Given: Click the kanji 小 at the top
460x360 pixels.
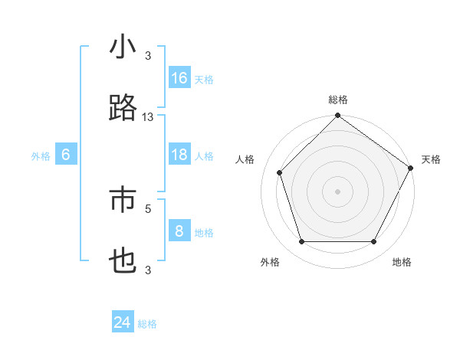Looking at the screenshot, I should tap(123, 47).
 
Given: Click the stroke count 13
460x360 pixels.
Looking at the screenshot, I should tap(148, 116).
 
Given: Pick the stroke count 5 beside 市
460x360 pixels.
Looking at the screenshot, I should tap(148, 208).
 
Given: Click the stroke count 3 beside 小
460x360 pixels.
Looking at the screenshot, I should tap(148, 55).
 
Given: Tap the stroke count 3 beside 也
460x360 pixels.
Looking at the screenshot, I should tap(148, 269).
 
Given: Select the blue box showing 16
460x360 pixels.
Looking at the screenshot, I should tap(179, 78).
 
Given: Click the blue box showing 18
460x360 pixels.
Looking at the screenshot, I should tap(179, 155).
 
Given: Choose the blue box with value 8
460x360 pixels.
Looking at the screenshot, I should tap(179, 231).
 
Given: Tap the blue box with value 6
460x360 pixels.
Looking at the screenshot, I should tap(66, 155).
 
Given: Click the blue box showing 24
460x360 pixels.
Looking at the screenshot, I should tap(123, 322).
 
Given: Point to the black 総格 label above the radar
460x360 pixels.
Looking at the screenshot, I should tap(338, 100).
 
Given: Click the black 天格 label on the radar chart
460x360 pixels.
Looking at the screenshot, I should tap(432, 159).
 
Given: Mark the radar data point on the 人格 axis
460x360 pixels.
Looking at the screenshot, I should tap(280, 172).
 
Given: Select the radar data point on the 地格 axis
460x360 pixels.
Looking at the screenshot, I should tap(374, 242).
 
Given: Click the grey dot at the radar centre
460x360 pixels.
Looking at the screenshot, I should tap(338, 191).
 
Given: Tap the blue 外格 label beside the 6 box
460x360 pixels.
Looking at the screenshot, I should tap(41, 156).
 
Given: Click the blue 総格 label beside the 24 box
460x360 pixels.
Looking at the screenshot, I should tap(147, 324).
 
